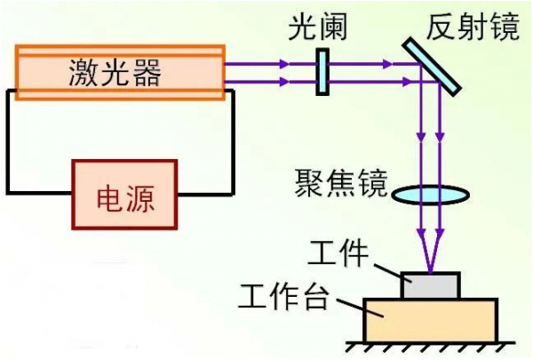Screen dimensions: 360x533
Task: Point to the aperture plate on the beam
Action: click(x=322, y=71)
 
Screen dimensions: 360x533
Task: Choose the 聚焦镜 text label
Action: click(x=342, y=184)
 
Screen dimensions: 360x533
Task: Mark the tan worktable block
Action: click(x=430, y=320)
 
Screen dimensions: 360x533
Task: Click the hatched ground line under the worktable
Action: click(x=430, y=346)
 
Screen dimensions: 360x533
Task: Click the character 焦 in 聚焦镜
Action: click(x=342, y=184)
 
